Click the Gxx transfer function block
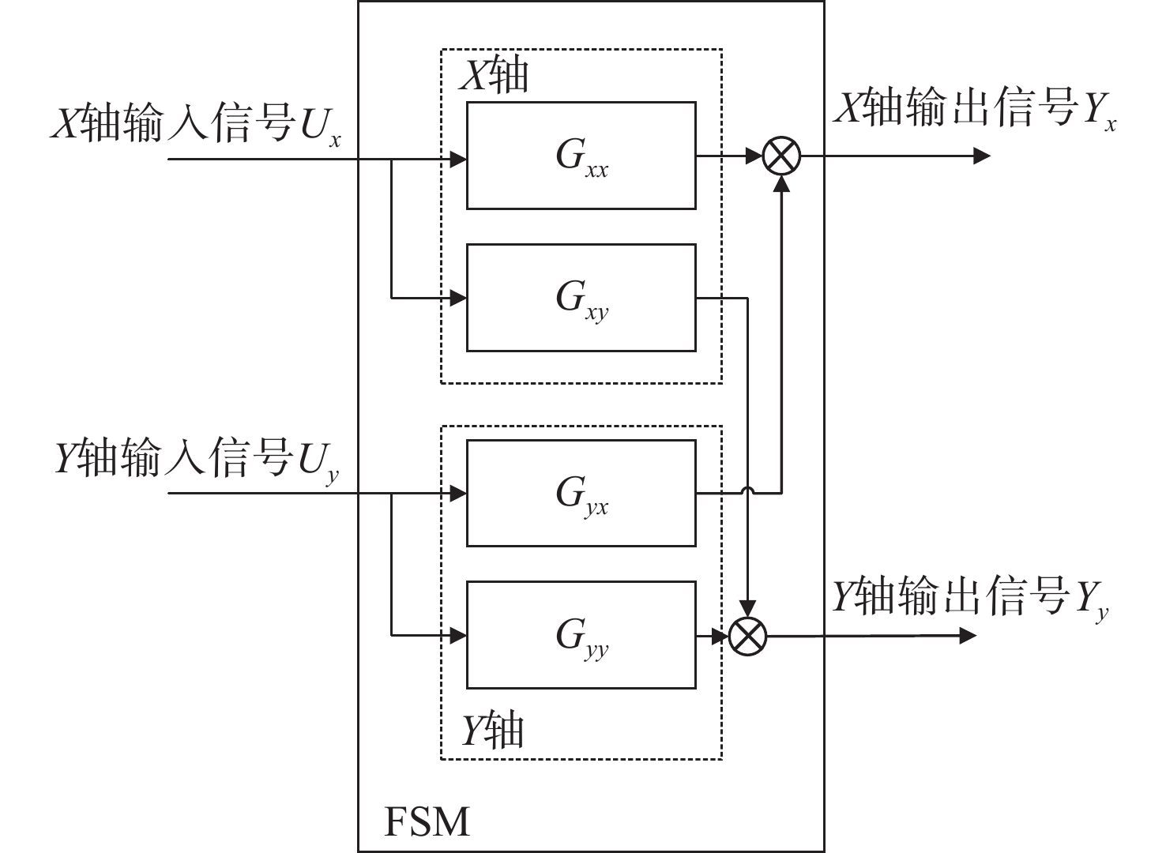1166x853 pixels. (581, 156)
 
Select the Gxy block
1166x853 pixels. (581, 298)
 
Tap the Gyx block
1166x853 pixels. (581, 493)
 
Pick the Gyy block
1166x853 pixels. (581, 635)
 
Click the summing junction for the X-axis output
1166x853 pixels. (781, 156)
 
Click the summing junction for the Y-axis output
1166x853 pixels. (747, 635)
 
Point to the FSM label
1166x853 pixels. (427, 821)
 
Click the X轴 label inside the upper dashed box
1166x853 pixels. (494, 77)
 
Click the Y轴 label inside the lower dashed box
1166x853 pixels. (492, 730)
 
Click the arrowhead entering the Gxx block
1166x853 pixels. (458, 159)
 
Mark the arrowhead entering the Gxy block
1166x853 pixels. (458, 299)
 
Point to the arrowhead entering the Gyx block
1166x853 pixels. (458, 494)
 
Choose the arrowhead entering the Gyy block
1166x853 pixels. (458, 634)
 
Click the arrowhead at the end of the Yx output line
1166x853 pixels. (981, 156)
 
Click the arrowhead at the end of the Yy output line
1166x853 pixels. (969, 634)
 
